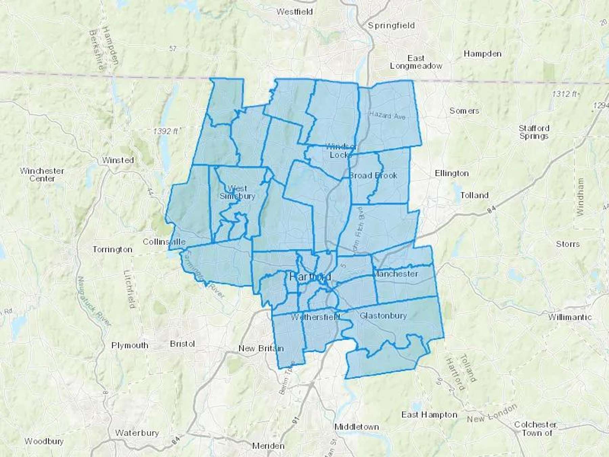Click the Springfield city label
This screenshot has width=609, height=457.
391,26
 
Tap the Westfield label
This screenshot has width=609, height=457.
294,12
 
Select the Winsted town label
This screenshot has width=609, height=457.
118,160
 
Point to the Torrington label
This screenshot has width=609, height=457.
112,249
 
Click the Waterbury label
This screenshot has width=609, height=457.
137,433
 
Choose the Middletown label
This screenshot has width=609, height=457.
356,427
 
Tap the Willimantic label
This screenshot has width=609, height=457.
570,317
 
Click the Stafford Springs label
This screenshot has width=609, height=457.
534,132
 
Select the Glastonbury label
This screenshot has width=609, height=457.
383,315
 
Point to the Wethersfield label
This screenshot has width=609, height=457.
315,317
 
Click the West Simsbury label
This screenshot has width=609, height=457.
237,192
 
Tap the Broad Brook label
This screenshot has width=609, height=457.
373,175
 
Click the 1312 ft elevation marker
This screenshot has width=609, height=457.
564,94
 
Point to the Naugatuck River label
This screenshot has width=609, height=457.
94,301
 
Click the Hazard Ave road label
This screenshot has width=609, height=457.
387,115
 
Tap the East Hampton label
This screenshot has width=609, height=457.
429,415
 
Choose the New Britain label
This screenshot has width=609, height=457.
261,348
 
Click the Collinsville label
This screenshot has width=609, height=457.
164,242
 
